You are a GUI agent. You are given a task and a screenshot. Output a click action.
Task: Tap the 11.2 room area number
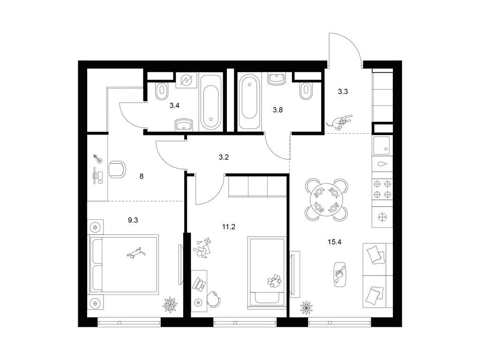point(228,227)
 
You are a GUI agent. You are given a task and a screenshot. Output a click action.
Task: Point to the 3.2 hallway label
point(224,157)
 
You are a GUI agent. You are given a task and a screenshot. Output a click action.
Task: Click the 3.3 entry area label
point(343,92)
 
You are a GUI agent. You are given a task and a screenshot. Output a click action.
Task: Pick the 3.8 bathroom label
point(279,111)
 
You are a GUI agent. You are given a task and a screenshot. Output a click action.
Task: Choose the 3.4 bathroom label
point(174,106)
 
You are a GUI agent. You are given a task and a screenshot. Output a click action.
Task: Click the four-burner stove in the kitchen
point(382,189)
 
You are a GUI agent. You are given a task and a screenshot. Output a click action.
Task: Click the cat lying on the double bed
point(136,253)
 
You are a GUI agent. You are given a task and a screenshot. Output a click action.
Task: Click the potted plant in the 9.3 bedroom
point(170,304)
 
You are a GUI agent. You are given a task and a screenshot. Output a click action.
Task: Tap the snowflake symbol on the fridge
point(382,216)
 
